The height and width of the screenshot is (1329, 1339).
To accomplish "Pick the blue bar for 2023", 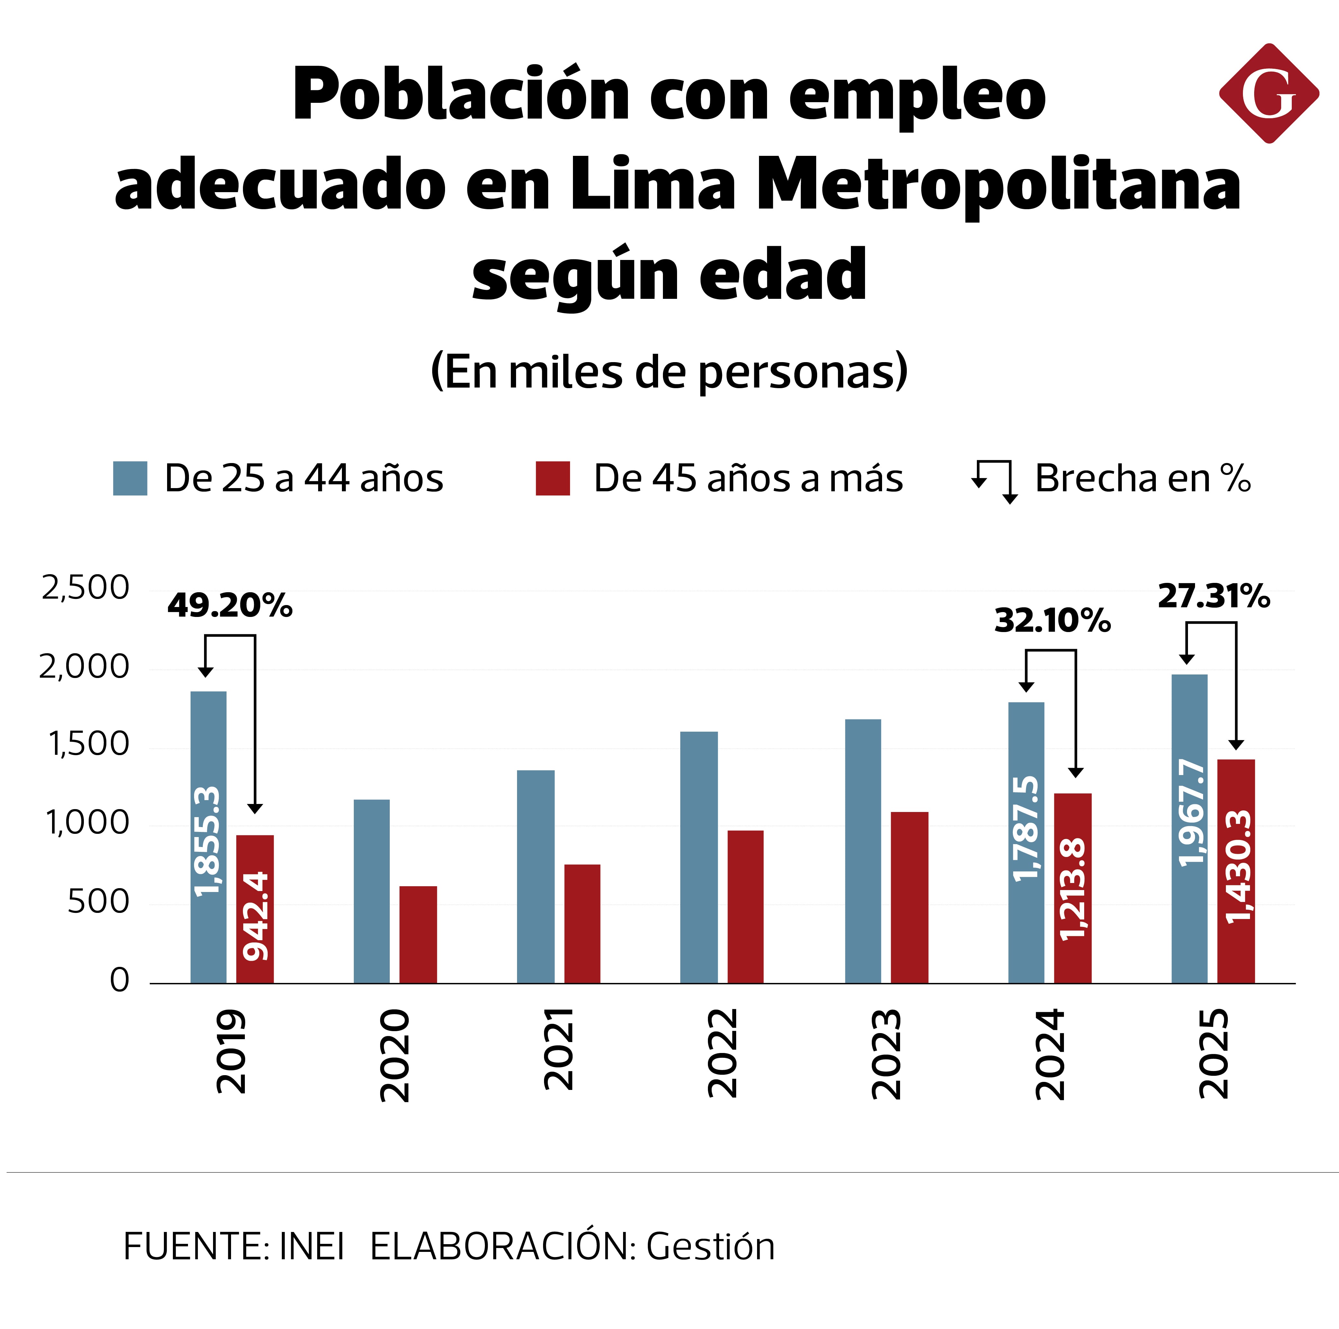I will [863, 851].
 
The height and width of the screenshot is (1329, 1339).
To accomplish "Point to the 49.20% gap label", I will [229, 606].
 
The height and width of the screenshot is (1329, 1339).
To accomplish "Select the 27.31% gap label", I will [1214, 597].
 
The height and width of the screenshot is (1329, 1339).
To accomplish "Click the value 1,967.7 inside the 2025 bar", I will [1191, 813].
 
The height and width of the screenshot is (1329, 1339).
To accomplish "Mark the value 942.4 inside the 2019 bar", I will [255, 916].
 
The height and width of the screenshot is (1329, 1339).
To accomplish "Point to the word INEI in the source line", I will [311, 1246].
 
